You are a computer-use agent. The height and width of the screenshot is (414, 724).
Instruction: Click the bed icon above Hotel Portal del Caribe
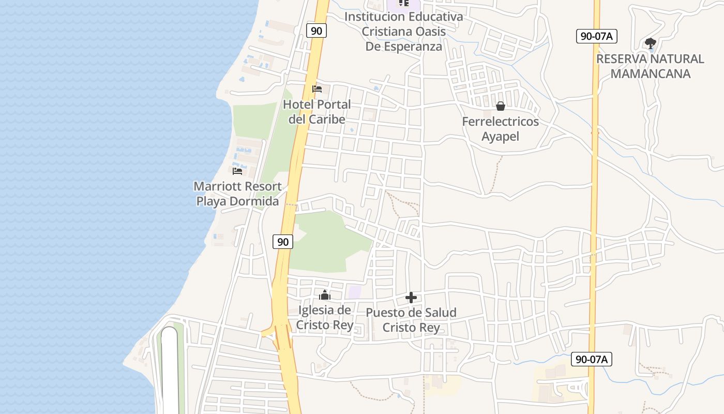tap(317, 89)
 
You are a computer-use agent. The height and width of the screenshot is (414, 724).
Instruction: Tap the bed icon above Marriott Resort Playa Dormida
tap(237, 171)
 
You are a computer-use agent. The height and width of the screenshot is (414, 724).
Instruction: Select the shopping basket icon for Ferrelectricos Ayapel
tap(500, 106)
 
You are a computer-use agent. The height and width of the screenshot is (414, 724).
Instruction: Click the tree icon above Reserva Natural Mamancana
tap(650, 43)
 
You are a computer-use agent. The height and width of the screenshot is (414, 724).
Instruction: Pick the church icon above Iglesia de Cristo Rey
tap(325, 295)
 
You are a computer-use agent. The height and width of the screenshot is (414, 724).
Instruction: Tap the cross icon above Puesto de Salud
tap(411, 298)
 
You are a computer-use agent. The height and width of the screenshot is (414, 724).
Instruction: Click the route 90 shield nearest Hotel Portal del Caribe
tap(316, 31)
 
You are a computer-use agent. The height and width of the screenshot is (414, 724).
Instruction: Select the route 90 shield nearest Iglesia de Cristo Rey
tap(283, 241)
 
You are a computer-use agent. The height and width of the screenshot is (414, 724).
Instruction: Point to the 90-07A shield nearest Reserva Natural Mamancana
tap(597, 36)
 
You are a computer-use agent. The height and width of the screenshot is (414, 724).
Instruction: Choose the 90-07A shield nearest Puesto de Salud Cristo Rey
tap(591, 359)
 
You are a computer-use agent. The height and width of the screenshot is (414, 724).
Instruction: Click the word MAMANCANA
tap(650, 73)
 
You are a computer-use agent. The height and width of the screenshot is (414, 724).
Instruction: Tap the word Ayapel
tap(500, 137)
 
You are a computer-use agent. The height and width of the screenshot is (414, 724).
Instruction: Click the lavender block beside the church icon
tap(355, 291)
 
